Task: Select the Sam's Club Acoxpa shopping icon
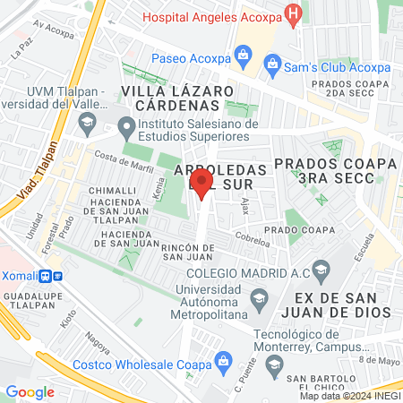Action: tap(272, 63)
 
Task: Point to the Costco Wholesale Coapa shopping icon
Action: tap(224, 362)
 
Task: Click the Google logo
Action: tap(30, 391)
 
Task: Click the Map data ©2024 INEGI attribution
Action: tap(349, 396)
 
